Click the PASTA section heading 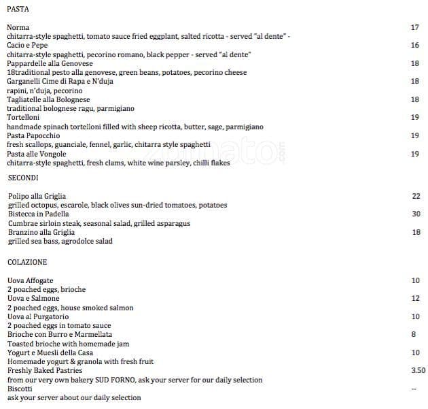[18, 9]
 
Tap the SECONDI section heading [23, 178]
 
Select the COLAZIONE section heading [27, 262]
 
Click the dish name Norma [18, 27]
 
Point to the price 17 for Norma [415, 27]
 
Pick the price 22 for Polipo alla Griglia [416, 196]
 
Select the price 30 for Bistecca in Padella [416, 214]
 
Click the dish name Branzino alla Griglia [41, 232]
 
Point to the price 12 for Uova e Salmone [416, 298]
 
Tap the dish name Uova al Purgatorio [37, 316]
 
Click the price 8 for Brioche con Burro [414, 334]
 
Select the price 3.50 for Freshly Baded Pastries [418, 370]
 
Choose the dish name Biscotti [20, 389]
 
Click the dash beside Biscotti [414, 389]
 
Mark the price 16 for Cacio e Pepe [415, 45]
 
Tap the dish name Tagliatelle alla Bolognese [48, 99]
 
